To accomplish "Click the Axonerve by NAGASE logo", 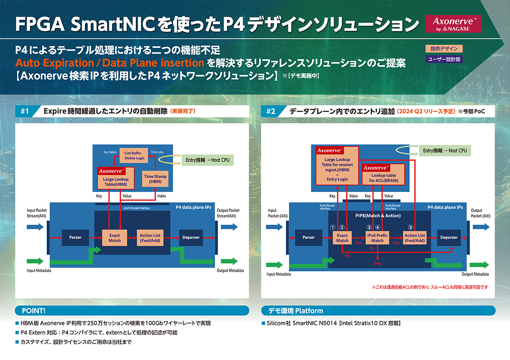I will [x=453, y=24].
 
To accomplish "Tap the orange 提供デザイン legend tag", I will [x=444, y=49].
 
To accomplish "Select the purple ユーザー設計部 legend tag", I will [x=444, y=59].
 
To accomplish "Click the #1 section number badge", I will [x=24, y=111].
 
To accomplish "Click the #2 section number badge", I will [x=271, y=111].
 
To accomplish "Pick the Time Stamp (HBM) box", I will [x=155, y=179].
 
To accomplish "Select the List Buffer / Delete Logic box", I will [x=134, y=156].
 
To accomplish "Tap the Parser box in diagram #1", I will [x=75, y=237].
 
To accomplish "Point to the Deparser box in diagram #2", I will [x=449, y=237].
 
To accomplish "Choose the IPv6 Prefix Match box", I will [x=377, y=238].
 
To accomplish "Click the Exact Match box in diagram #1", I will [x=115, y=238].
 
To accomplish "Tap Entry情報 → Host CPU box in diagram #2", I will [x=445, y=150].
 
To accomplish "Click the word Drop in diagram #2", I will [x=377, y=263].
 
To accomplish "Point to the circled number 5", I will [x=410, y=227].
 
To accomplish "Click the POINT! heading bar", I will [x=132, y=310].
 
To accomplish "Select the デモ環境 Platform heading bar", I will [x=378, y=310].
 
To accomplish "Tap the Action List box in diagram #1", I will [x=150, y=238].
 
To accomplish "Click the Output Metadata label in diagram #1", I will [x=230, y=270].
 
